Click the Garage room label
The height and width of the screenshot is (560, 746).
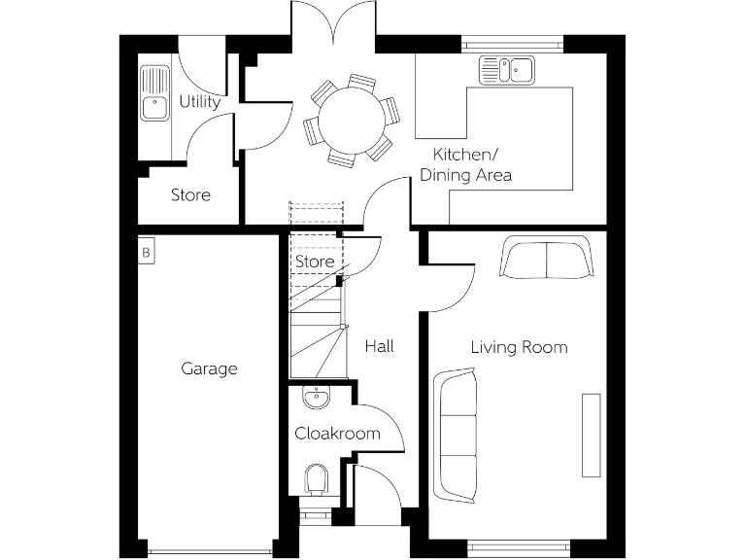209,368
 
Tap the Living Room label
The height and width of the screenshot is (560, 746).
519,347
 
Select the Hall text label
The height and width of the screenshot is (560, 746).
379,345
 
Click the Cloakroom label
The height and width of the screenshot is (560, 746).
337,433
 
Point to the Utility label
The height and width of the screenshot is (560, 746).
199,101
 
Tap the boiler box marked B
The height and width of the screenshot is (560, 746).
146,252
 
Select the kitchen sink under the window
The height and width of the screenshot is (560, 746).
506,70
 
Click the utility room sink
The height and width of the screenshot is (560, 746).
153,93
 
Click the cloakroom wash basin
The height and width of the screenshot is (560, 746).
316,398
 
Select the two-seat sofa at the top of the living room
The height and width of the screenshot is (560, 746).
548,260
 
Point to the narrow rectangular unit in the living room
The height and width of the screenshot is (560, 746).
591,435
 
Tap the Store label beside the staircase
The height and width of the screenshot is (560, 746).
314,262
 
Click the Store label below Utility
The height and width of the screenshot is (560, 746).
190,194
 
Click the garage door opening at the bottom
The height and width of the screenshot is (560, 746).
205,551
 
